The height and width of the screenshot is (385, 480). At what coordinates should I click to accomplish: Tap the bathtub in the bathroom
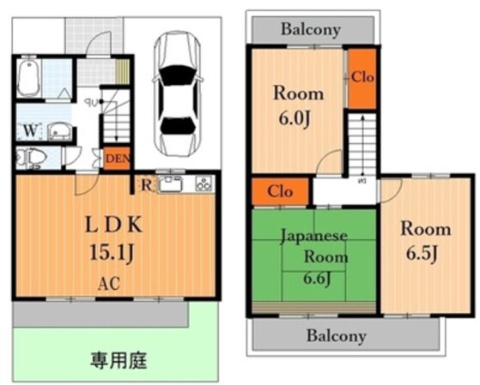29,79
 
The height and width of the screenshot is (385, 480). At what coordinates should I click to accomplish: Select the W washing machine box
29,131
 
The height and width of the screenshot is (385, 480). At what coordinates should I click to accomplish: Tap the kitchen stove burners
203,183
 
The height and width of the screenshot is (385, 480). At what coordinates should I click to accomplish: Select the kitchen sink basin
169,183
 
